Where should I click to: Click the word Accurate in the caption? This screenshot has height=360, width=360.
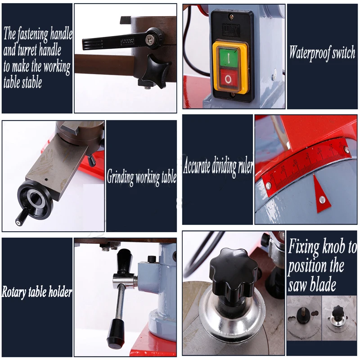[197, 165]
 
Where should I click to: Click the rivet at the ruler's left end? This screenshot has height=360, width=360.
[268, 185]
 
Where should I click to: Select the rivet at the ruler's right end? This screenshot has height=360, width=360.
[346, 150]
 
